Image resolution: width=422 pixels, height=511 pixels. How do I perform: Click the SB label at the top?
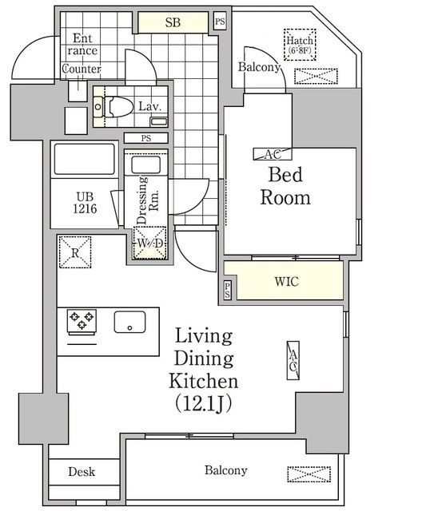coord(173,22)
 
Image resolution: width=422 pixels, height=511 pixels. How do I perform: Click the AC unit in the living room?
coord(293,360)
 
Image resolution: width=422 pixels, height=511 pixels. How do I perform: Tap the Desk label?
coord(82,471)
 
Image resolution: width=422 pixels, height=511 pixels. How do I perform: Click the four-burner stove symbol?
coord(82,321)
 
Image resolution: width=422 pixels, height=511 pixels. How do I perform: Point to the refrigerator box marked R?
coord(75,255)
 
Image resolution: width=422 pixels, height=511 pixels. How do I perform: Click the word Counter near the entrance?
coord(81,69)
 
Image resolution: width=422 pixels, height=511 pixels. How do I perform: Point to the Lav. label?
coord(149,105)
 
